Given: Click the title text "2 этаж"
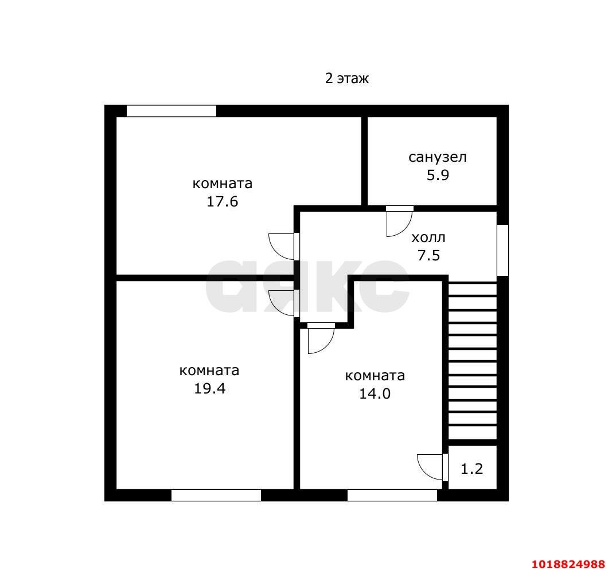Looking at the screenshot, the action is pos(347,79).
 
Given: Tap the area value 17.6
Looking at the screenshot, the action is pos(223,201).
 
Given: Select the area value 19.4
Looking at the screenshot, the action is pos(209,388).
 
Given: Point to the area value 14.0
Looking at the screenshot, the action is pos(375,393).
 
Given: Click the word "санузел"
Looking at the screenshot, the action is pos(438,157).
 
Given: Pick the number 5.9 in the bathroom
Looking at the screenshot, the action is pos(438,175).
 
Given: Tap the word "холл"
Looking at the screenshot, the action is pos(428,237).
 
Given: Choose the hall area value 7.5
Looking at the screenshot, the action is pos(428,255).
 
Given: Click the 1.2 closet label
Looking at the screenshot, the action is pos(471,469).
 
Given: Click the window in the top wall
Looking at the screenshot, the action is pos(171,111).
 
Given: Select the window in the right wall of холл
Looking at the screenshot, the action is pos(503,250).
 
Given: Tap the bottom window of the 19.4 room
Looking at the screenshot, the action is pos(216,495).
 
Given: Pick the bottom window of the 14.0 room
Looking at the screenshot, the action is pos(392,495).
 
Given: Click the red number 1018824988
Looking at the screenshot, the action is pos(568,564).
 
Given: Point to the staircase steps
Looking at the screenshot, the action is pos(472,361).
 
